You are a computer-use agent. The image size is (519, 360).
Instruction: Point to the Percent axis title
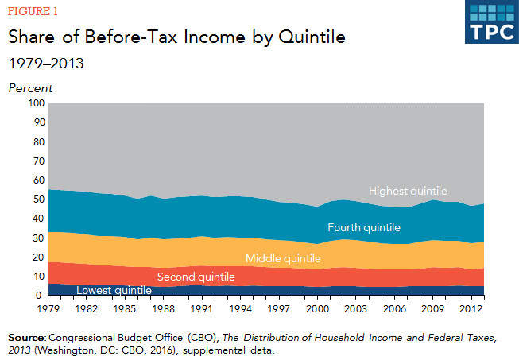tap(30, 87)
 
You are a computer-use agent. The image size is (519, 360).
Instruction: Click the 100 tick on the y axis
tap(35, 103)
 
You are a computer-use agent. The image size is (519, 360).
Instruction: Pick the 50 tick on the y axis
tap(37, 199)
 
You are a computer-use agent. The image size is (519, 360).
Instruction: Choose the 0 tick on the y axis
tap(41, 296)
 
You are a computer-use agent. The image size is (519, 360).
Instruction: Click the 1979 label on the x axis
tap(49, 308)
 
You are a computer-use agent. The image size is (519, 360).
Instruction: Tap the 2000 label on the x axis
tap(318, 308)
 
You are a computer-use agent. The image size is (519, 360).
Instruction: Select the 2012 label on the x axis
tap(471, 308)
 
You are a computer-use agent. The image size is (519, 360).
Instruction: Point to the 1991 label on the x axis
tap(203, 308)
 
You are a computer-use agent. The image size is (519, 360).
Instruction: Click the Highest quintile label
tap(408, 191)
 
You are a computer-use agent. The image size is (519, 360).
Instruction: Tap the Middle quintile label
tap(283, 258)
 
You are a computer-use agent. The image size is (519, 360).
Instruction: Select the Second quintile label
tap(196, 277)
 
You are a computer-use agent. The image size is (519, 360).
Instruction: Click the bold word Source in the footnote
tap(26, 337)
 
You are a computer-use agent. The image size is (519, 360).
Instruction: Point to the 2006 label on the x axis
tap(394, 308)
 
